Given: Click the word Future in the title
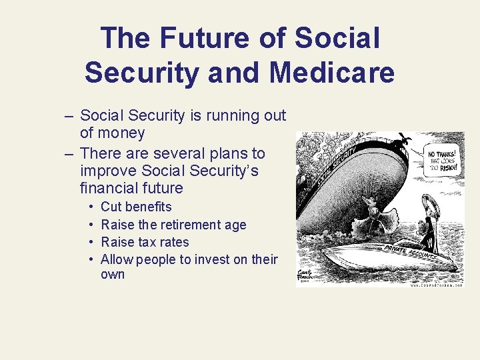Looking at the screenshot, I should click(x=212, y=37).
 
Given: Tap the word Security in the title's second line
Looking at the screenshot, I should click(x=141, y=73).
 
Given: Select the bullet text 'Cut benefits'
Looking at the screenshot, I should click(x=136, y=207).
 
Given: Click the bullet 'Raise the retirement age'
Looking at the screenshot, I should click(x=173, y=225).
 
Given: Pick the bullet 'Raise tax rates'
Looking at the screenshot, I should click(x=145, y=242).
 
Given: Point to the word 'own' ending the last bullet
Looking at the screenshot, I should click(x=113, y=275).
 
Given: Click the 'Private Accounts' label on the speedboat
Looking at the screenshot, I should click(x=410, y=251).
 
